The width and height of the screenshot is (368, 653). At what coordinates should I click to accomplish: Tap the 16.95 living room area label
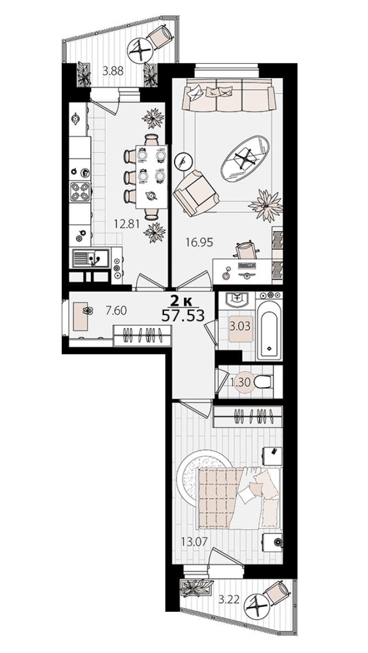199,242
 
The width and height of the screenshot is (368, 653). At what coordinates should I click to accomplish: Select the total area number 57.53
183,315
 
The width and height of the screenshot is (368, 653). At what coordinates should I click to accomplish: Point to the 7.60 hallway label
116,311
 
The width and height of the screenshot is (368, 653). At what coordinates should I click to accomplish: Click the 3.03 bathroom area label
240,325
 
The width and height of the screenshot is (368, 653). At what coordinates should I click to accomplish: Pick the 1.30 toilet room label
240,382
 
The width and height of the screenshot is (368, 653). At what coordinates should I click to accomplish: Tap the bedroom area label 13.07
195,541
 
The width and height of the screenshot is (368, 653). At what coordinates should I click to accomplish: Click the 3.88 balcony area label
113,71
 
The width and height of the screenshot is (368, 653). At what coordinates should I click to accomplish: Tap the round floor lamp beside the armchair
182,160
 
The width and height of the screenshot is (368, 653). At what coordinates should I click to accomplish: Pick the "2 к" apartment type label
183,300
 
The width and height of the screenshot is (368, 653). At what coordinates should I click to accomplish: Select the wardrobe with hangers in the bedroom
248,416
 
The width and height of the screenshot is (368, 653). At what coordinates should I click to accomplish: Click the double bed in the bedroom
240,498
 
